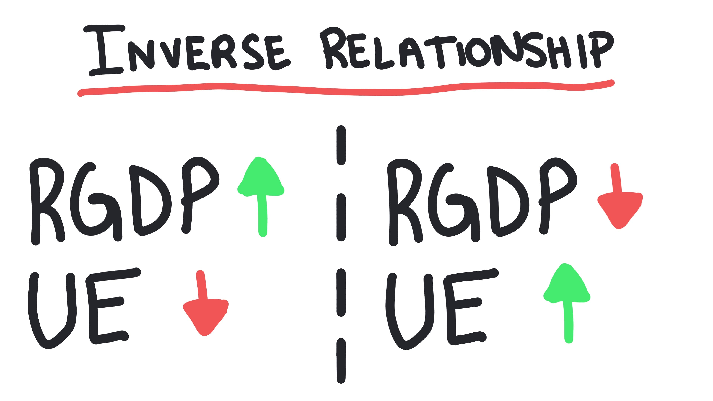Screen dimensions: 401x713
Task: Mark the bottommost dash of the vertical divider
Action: (x=341, y=361)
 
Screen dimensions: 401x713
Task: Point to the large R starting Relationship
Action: (x=333, y=48)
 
